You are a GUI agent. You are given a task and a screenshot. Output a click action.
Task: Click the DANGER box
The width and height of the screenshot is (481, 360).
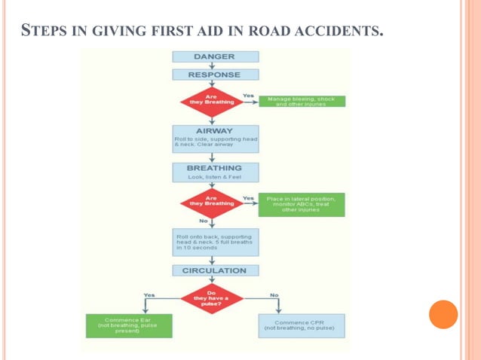click(x=214, y=56)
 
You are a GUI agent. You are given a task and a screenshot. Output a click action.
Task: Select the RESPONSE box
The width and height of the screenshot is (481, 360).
click(x=214, y=75)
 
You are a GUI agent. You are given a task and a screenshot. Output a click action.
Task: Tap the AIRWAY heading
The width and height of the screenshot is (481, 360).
click(x=214, y=130)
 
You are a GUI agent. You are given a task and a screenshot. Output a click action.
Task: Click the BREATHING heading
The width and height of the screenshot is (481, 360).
click(x=214, y=167)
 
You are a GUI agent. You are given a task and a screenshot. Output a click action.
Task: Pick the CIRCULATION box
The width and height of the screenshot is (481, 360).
click(x=214, y=270)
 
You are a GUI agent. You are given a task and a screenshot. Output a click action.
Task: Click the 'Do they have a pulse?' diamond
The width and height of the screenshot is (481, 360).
click(x=212, y=297)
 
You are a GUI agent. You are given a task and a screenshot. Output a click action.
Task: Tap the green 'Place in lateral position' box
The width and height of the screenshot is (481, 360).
click(x=301, y=204)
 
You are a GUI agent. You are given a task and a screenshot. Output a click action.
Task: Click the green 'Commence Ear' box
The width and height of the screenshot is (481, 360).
click(x=127, y=325)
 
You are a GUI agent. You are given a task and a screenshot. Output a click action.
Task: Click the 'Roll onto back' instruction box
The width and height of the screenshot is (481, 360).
click(x=214, y=242)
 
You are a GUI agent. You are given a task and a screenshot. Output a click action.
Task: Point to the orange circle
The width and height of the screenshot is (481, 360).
click(x=443, y=314)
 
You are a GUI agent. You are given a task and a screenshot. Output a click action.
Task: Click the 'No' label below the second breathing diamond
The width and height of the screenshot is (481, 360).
click(x=204, y=221)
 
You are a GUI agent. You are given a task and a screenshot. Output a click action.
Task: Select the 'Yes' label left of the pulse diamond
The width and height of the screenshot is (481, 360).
click(x=149, y=294)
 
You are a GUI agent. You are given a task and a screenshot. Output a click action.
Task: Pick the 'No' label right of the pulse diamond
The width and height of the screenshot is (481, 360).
click(x=274, y=294)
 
